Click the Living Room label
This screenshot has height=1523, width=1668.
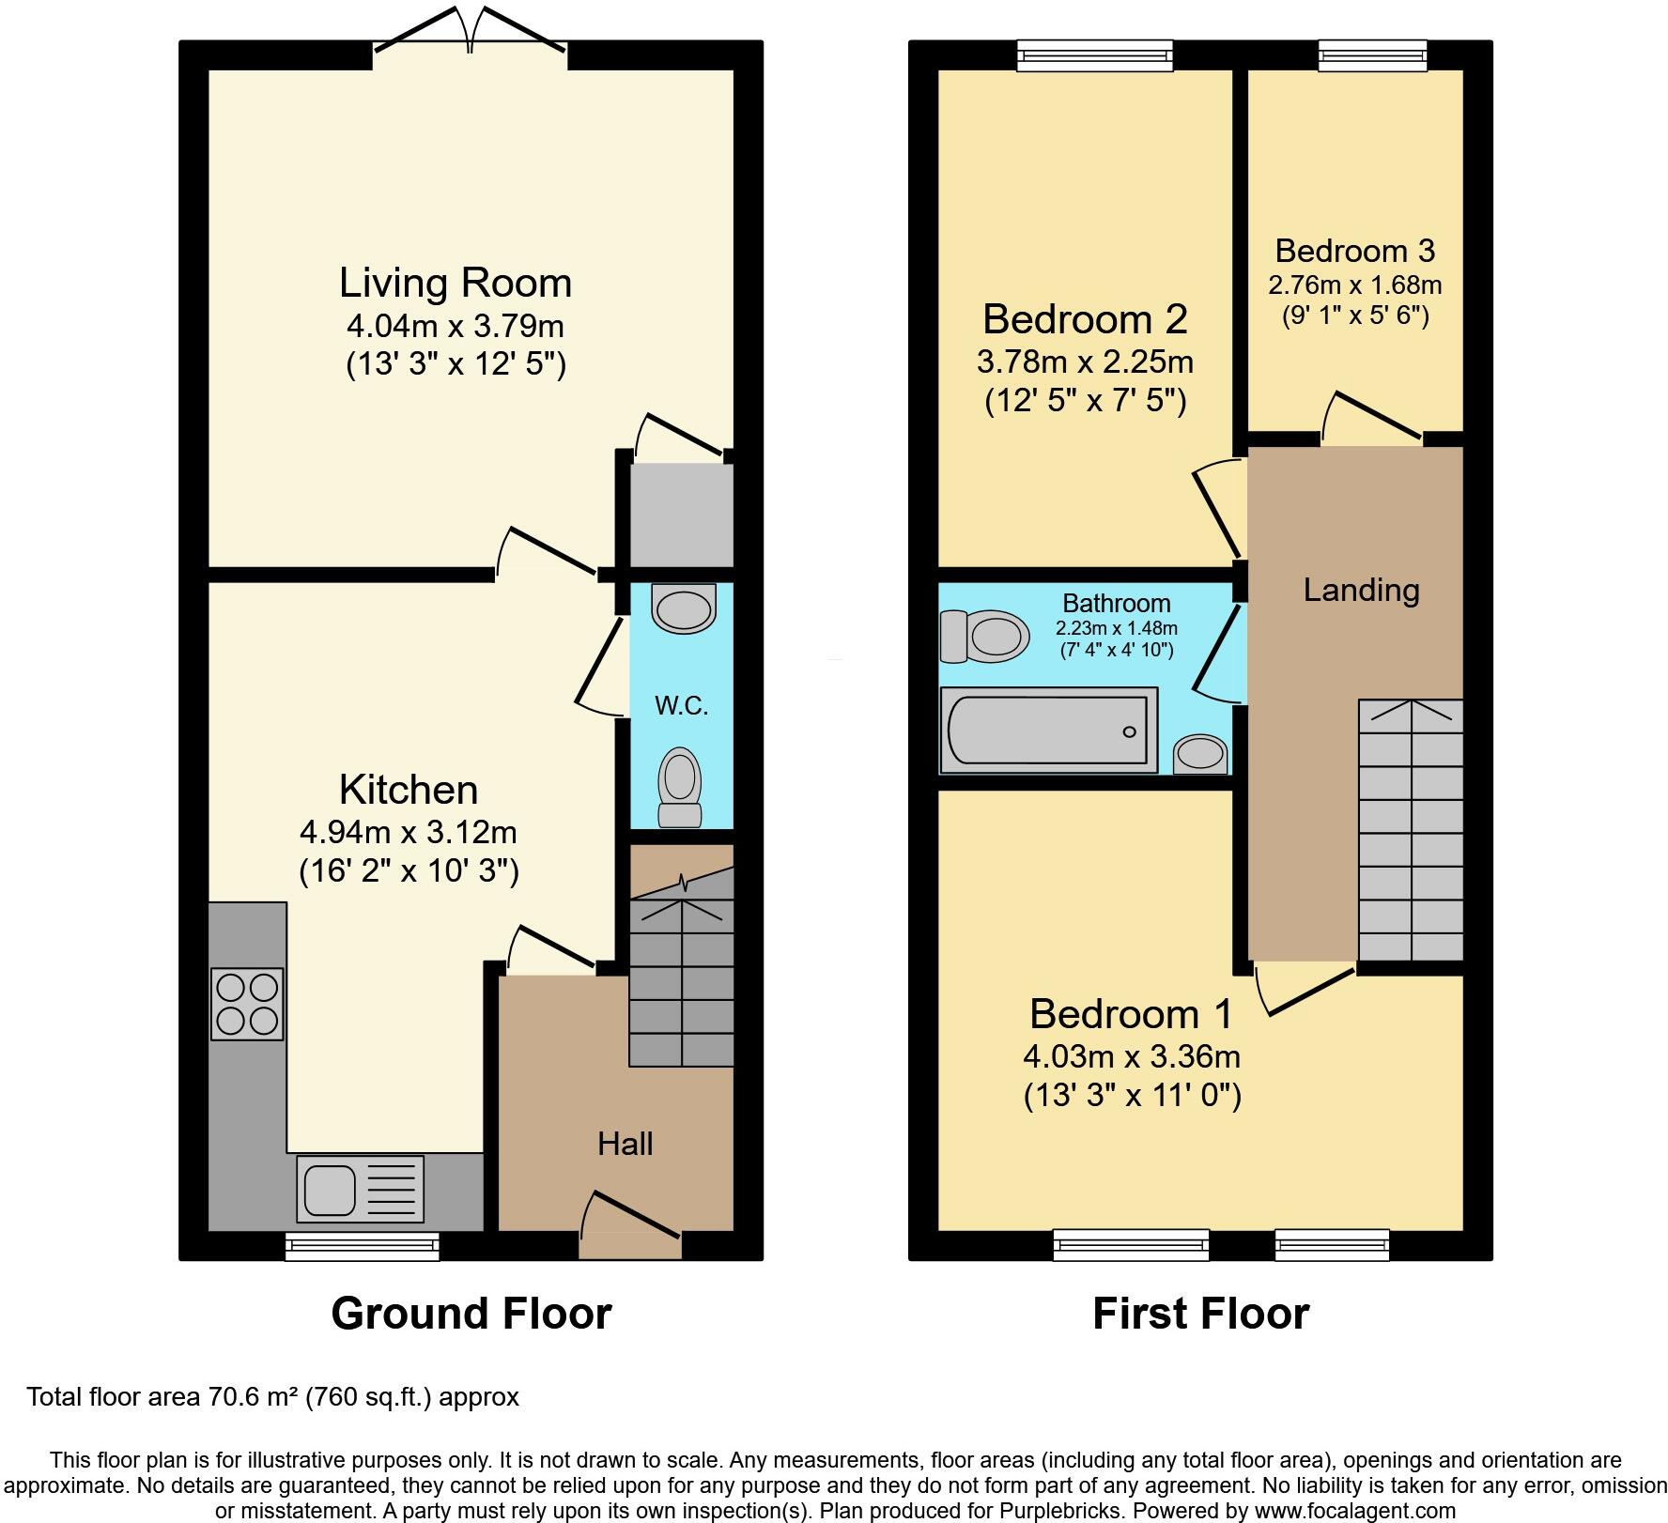point(456,283)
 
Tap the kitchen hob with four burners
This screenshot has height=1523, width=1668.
point(247,1004)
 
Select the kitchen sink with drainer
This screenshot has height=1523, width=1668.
point(360,1187)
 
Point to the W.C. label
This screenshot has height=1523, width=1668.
point(681,706)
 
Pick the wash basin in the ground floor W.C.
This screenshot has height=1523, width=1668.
point(684,608)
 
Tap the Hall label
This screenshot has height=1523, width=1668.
point(625,1144)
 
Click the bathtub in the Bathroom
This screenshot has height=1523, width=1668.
point(1047,731)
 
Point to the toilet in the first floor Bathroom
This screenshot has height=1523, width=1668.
point(981,637)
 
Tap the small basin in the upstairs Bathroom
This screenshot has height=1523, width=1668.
point(1200,754)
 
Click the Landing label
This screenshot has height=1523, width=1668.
point(1361,590)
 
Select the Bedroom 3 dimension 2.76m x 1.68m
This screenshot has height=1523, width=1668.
point(1354,285)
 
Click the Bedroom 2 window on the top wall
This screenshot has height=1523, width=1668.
point(1095,55)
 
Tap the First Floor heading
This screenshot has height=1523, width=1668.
point(1200,1314)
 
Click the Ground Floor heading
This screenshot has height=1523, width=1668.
point(471,1314)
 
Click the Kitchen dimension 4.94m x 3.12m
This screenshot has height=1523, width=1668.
point(409,832)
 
